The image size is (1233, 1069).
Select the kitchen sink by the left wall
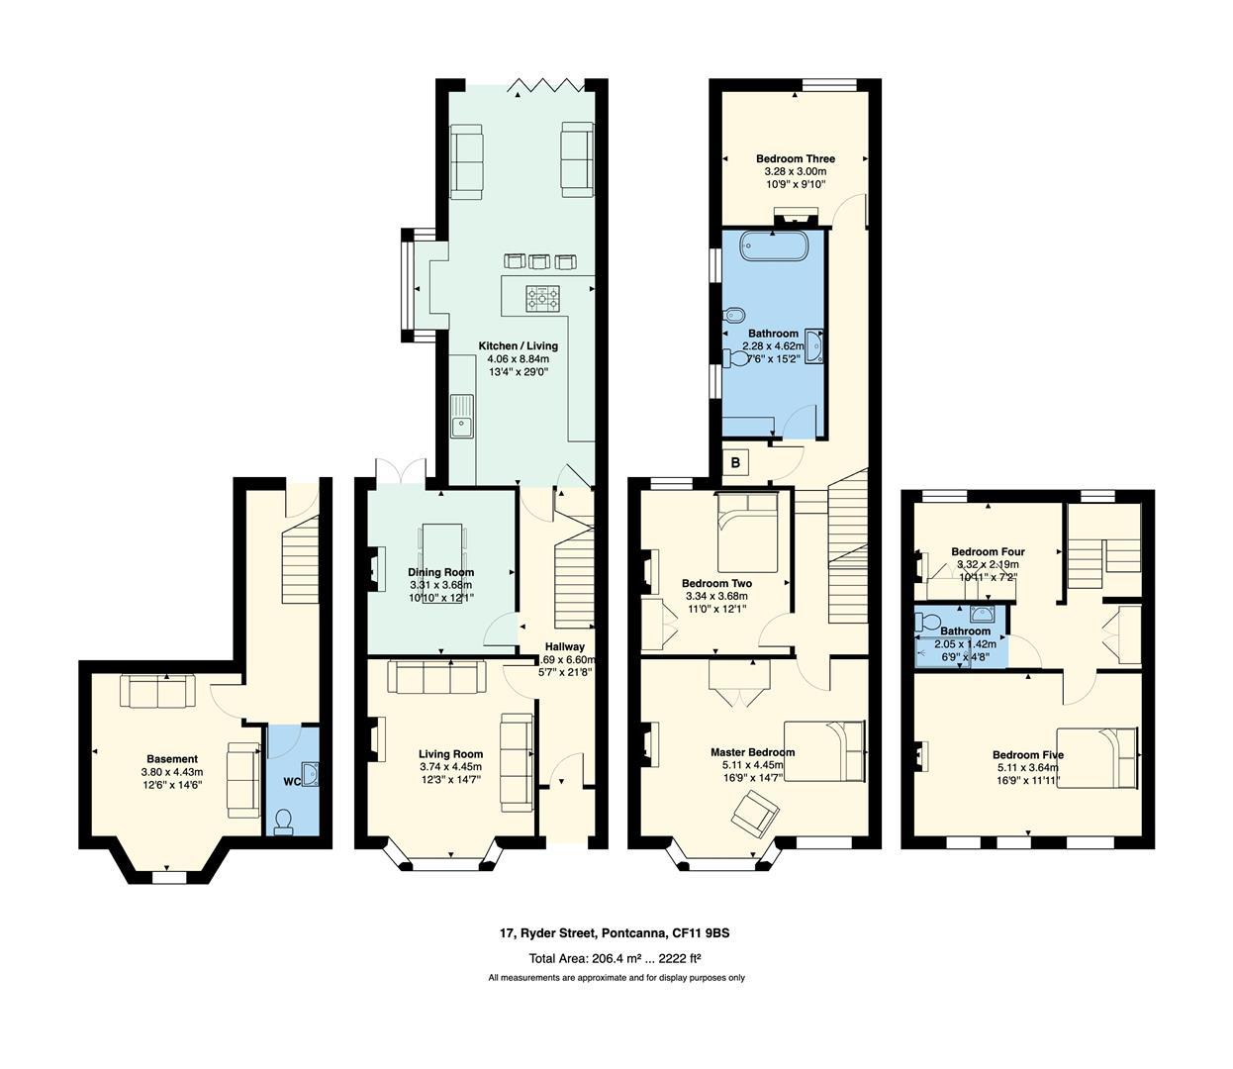click(x=462, y=416)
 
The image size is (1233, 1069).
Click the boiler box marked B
click(x=735, y=462)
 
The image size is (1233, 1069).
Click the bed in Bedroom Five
click(x=1097, y=757)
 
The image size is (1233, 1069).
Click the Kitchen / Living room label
click(x=518, y=345)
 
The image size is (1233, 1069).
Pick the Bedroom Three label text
click(x=795, y=158)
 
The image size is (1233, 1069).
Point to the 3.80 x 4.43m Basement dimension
click(x=171, y=772)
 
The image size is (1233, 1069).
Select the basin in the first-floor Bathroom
click(x=813, y=347)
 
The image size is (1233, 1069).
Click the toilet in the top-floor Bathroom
click(x=927, y=623)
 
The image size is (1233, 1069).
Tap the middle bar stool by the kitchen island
click(x=539, y=261)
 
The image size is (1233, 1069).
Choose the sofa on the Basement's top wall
click(x=158, y=690)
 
